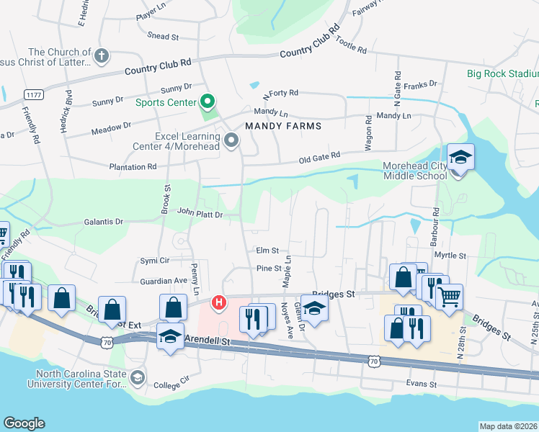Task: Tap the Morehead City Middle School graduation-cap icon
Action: [460, 157]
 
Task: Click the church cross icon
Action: [102, 55]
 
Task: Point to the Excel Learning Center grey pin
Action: [231, 140]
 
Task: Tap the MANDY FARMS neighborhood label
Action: [282, 126]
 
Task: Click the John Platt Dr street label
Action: [199, 213]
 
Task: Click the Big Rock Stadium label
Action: [502, 73]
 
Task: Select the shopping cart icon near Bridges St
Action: [449, 294]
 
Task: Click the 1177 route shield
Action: [33, 95]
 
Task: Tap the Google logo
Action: [24, 423]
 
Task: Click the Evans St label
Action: [421, 384]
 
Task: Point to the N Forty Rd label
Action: [280, 94]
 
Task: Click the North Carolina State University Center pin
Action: [135, 377]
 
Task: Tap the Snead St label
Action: [162, 36]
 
